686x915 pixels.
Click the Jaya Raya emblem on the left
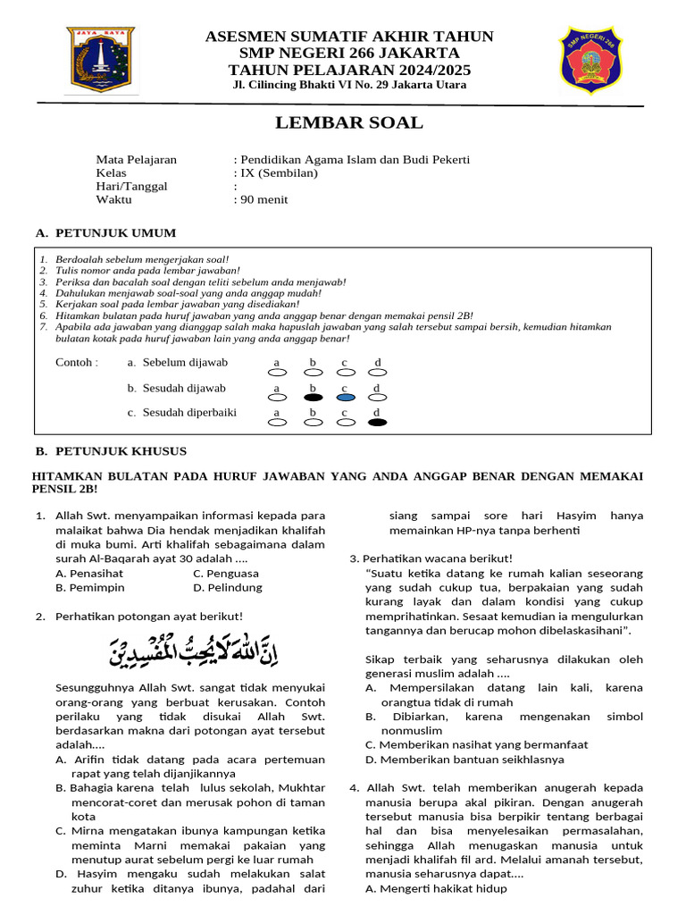pyautogui.click(x=101, y=60)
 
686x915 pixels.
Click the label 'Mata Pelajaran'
pyautogui.click(x=136, y=160)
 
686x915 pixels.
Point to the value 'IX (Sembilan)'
pyautogui.click(x=280, y=173)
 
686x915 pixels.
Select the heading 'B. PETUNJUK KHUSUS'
pyautogui.click(x=111, y=451)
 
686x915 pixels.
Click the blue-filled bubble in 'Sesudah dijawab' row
pyautogui.click(x=346, y=397)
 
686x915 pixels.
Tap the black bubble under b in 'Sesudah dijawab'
pyautogui.click(x=313, y=397)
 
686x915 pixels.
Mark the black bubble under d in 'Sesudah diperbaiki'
pyautogui.click(x=378, y=422)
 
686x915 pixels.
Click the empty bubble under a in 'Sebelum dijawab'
pyautogui.click(x=278, y=372)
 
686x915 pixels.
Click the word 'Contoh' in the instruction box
pyautogui.click(x=75, y=363)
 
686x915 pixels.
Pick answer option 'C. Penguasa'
pyautogui.click(x=225, y=573)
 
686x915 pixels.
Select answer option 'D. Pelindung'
pyautogui.click(x=227, y=587)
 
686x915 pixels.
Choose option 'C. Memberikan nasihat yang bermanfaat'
pyautogui.click(x=476, y=744)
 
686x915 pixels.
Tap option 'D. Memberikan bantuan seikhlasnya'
pyautogui.click(x=464, y=760)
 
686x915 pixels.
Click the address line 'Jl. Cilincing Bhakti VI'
pyautogui.click(x=348, y=85)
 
